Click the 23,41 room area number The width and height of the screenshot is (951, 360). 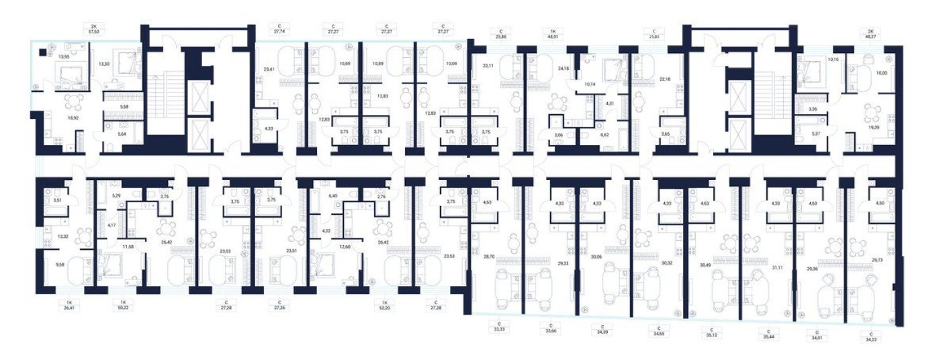pyautogui.click(x=270, y=69)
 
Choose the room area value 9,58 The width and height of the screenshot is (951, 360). pyautogui.click(x=60, y=265)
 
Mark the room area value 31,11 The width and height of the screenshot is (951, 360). pyautogui.click(x=778, y=267)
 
